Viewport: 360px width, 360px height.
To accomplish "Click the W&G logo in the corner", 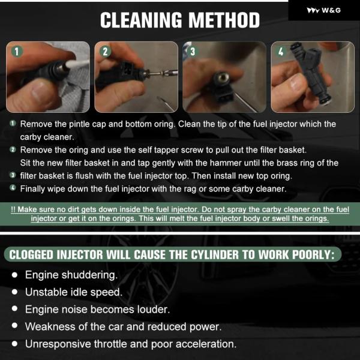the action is point(323,10).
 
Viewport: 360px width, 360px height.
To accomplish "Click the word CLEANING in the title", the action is point(141,20).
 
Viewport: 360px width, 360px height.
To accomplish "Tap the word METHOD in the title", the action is point(224,20).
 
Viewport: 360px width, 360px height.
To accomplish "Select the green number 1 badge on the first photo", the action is point(17,52).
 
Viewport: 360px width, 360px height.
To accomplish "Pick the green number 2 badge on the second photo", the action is point(105,52).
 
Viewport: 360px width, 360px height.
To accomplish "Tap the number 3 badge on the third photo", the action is point(193,52).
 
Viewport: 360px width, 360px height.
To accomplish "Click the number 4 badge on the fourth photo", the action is point(281,52).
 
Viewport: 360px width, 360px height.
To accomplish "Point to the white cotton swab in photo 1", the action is point(77,64).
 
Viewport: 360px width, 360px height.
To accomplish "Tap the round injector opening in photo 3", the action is point(222,77).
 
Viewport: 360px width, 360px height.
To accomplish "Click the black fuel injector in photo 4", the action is point(310,73).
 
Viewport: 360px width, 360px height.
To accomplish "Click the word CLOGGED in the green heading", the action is point(31,255).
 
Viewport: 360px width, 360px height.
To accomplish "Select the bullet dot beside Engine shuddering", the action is point(14,275).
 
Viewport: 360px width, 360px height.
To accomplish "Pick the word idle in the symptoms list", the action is point(79,292).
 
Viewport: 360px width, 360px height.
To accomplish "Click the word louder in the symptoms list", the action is point(154,310).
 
